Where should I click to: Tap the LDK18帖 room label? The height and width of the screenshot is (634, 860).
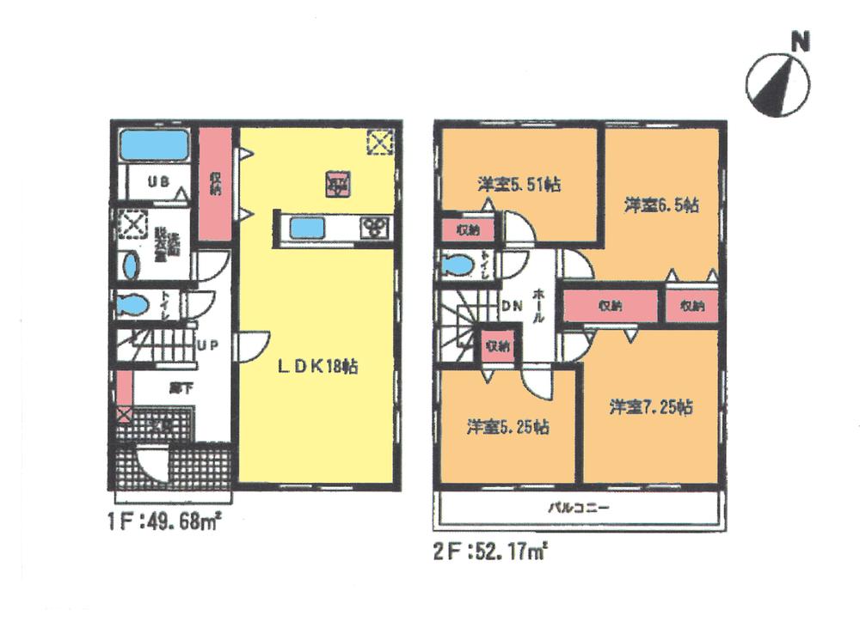[317, 366]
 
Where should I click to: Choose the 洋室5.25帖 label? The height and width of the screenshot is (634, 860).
[509, 426]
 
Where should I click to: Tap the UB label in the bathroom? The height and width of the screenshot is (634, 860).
[157, 181]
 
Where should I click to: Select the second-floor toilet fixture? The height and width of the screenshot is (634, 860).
[456, 266]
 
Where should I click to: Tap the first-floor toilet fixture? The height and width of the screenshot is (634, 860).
[132, 305]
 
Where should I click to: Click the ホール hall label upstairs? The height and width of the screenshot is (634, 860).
[539, 305]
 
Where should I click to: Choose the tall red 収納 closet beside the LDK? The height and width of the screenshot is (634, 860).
[215, 184]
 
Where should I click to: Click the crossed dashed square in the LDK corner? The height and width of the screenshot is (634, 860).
[379, 142]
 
